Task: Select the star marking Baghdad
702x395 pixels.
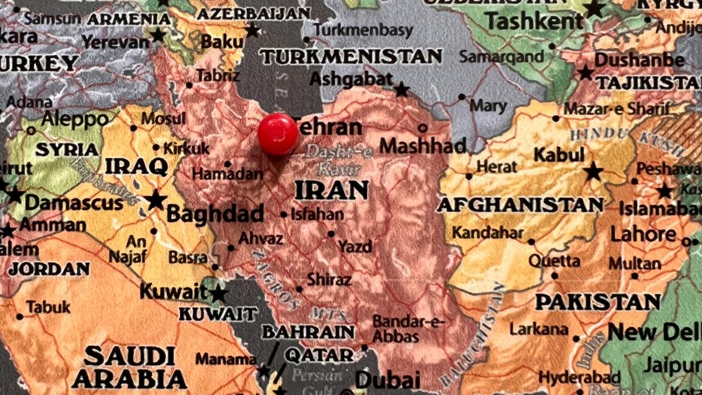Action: (x=156, y=200)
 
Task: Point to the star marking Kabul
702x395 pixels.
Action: (x=593, y=172)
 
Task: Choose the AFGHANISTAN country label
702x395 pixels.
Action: (x=520, y=205)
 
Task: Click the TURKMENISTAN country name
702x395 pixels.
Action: (x=351, y=57)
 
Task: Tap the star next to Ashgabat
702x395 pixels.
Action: (x=401, y=90)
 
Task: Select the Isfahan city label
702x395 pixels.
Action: (x=316, y=215)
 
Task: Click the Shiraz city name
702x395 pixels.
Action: (x=329, y=280)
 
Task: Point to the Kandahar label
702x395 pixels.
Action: (x=487, y=233)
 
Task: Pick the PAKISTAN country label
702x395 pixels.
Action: (x=598, y=302)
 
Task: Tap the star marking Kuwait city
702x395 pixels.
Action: (x=218, y=293)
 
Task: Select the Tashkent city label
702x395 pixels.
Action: (x=535, y=22)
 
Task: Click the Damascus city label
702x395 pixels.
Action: (x=74, y=203)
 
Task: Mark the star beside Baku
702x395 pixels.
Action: (x=252, y=30)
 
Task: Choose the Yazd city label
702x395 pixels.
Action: (x=355, y=246)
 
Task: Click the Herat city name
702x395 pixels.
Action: (x=497, y=167)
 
